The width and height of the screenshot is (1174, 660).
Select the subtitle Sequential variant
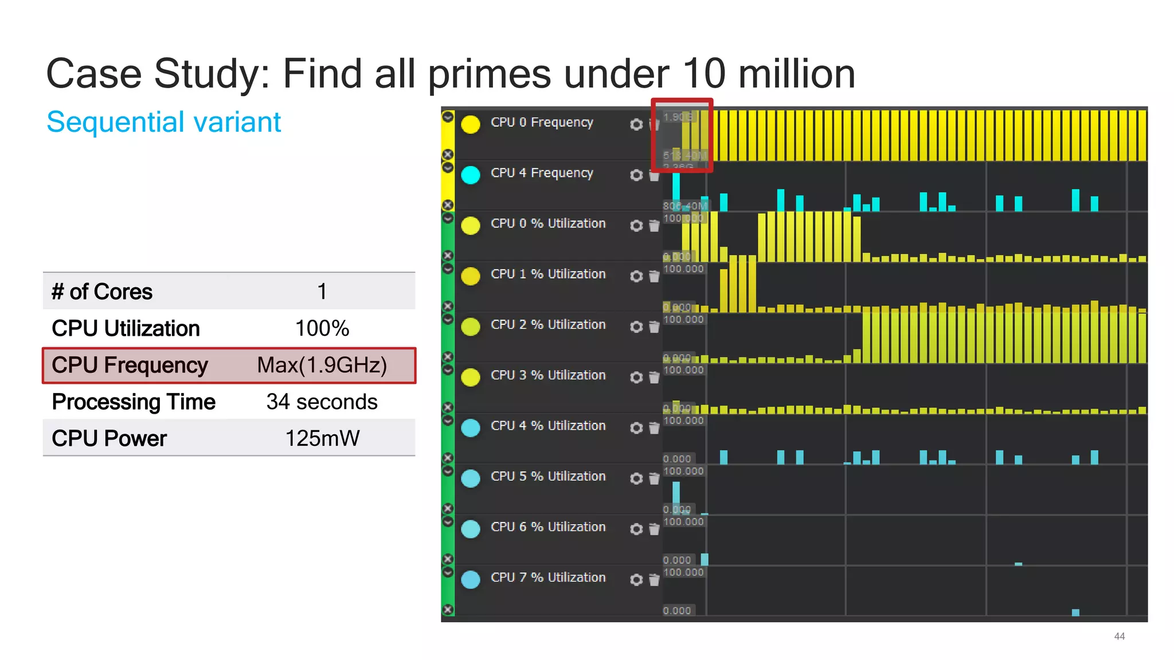point(163,122)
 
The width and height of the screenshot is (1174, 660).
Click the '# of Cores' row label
point(102,292)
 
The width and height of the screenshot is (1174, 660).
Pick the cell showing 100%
point(322,328)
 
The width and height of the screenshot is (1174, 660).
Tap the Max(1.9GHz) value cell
point(322,365)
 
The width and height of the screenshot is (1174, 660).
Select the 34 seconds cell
point(322,402)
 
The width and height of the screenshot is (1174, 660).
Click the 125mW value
point(322,438)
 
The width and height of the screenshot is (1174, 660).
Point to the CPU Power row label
point(109,438)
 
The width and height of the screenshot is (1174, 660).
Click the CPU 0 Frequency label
point(542,122)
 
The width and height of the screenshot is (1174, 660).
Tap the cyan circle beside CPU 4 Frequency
point(471,175)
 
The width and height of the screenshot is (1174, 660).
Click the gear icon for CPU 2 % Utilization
point(636,327)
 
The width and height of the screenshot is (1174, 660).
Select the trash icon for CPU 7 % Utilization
point(654,580)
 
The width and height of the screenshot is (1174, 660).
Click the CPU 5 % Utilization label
point(548,476)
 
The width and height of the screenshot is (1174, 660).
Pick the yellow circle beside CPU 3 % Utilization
point(471,377)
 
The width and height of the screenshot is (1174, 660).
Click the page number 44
point(1119,637)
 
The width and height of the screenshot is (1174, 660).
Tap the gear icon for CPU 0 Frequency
point(636,124)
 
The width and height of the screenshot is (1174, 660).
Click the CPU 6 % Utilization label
point(548,527)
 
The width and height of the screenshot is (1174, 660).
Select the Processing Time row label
point(134,402)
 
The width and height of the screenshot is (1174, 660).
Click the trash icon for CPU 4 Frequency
point(654,175)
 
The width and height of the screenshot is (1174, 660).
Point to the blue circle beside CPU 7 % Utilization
point(471,579)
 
